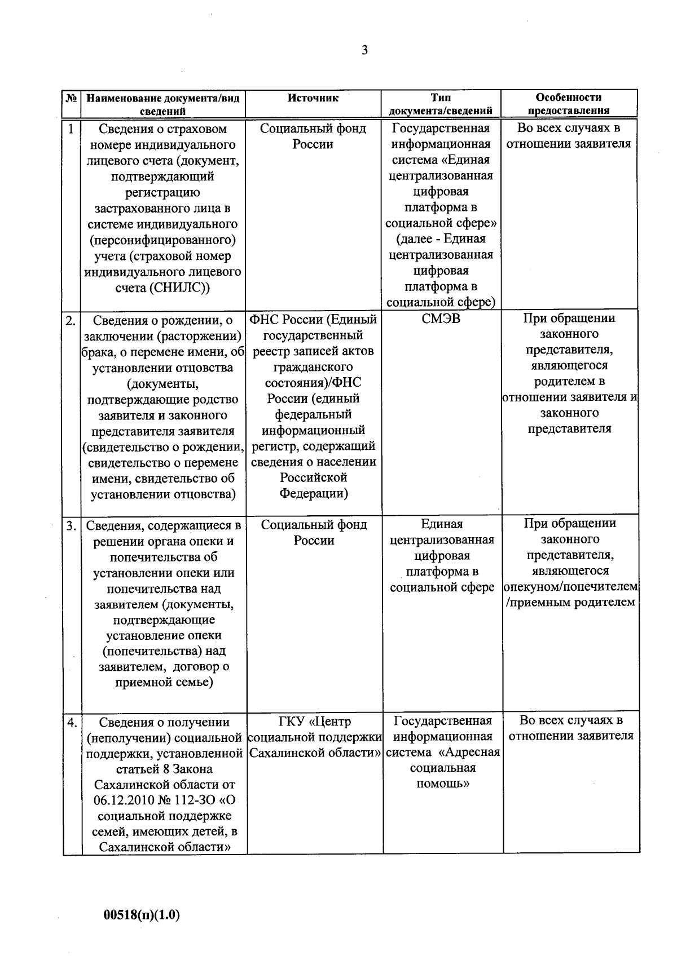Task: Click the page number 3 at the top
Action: pyautogui.click(x=364, y=51)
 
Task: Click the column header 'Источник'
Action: pyautogui.click(x=313, y=98)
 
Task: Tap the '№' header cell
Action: pyautogui.click(x=71, y=98)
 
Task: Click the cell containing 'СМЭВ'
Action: pyautogui.click(x=441, y=320)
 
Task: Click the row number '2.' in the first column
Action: pyautogui.click(x=71, y=321)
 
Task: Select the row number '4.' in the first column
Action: pyautogui.click(x=72, y=723)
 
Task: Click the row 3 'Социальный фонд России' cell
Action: pyautogui.click(x=314, y=533)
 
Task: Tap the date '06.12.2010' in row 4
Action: pyautogui.click(x=122, y=800)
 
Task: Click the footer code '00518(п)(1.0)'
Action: pyautogui.click(x=142, y=914)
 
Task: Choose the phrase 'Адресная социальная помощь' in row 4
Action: pyautogui.click(x=443, y=768)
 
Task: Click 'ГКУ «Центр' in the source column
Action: pyautogui.click(x=314, y=722)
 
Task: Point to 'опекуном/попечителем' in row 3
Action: pyautogui.click(x=570, y=587)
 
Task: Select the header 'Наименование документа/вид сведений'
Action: pyautogui.click(x=163, y=104)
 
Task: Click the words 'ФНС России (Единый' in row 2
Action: pyautogui.click(x=313, y=320)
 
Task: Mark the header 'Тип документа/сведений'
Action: pyautogui.click(x=441, y=104)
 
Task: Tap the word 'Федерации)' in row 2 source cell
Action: pyautogui.click(x=314, y=494)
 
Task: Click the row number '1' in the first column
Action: pyautogui.click(x=71, y=129)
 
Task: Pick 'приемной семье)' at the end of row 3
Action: pyautogui.click(x=164, y=683)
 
